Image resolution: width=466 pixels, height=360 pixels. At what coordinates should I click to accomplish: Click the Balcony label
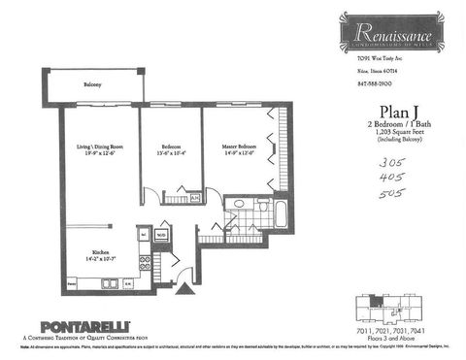tap(93, 86)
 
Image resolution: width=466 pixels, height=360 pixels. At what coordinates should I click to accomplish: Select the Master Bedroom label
tap(236, 147)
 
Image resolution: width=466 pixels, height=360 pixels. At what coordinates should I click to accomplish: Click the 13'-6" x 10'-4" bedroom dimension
tap(170, 153)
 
